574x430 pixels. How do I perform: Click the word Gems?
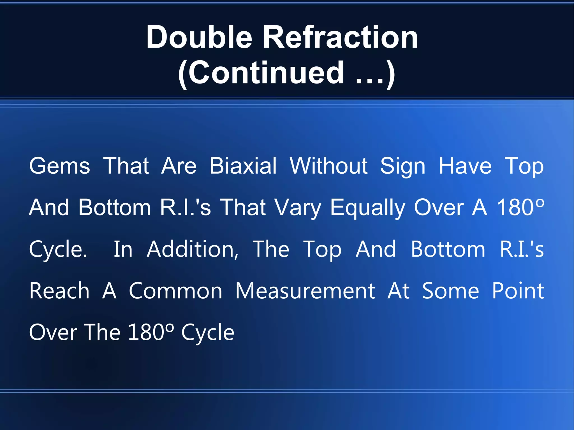[x=59, y=166]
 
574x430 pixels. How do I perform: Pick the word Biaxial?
[x=243, y=166]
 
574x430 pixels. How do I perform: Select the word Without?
[x=328, y=166]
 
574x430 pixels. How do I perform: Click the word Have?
[x=465, y=166]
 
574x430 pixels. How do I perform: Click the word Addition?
[x=193, y=249]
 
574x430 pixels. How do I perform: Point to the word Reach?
[x=59, y=291]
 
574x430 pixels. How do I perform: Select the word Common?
[x=175, y=291]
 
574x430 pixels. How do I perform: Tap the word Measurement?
[x=305, y=291]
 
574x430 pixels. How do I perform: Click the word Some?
[x=450, y=291]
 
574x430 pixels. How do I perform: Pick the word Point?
[x=518, y=291]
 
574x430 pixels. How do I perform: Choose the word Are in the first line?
[x=179, y=166]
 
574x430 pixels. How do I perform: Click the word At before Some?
[x=398, y=291]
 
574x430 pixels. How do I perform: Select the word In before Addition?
[x=123, y=249]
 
